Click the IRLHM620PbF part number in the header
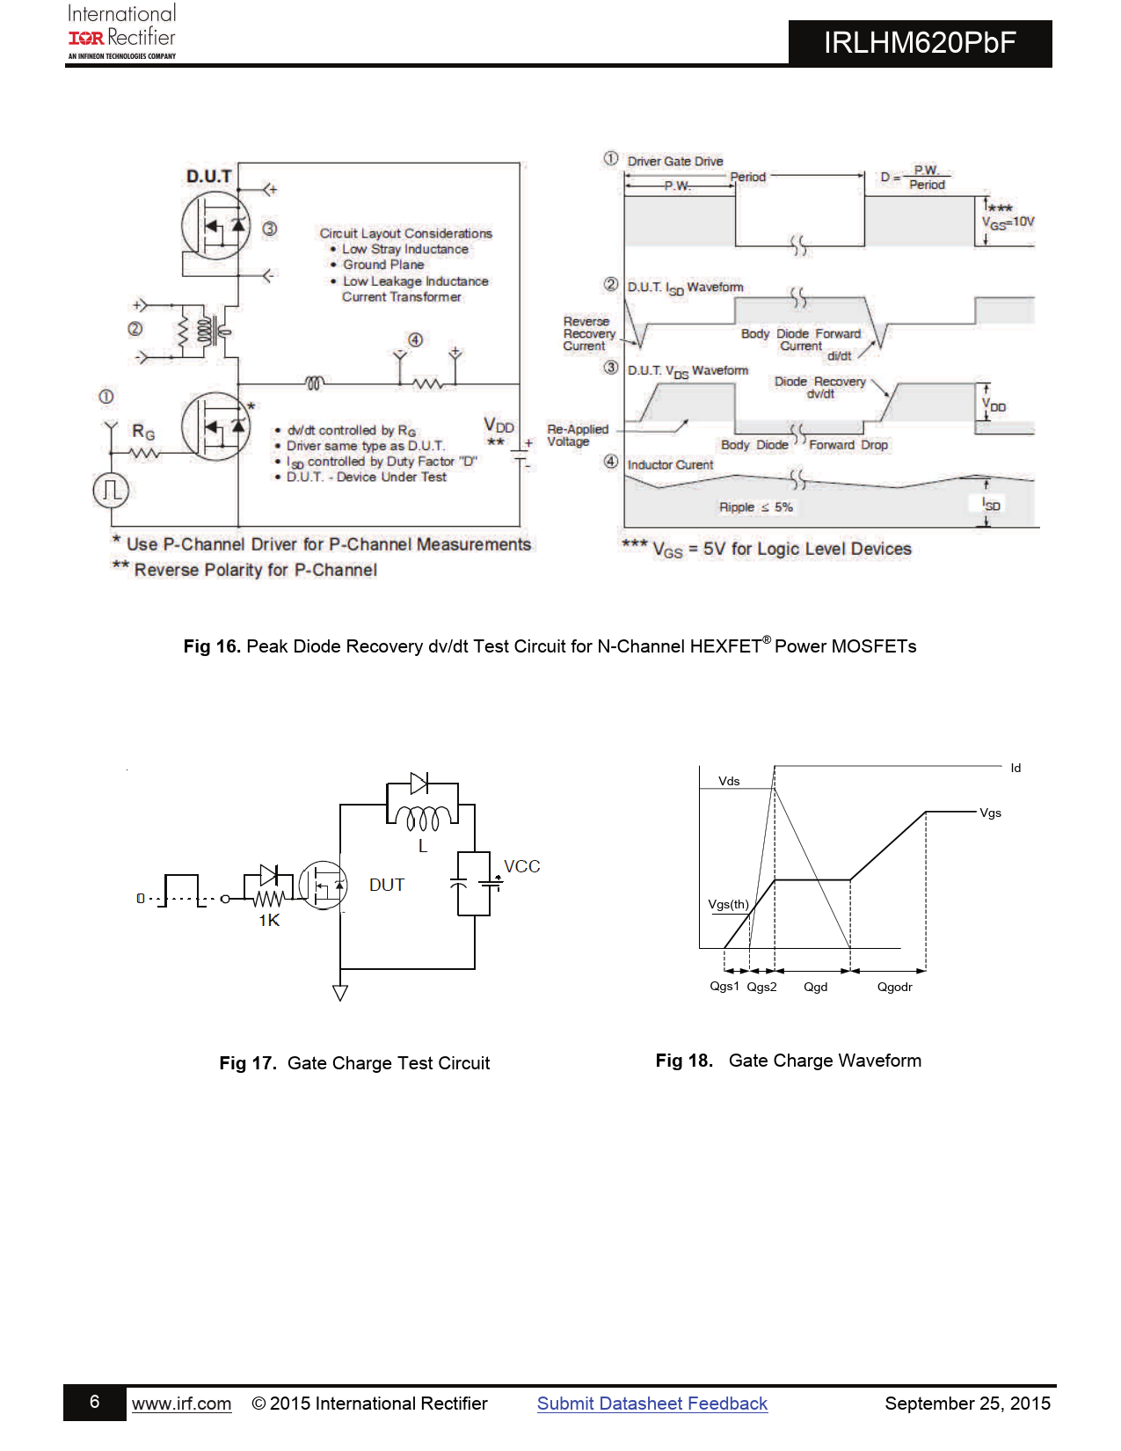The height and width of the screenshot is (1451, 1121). pos(920,43)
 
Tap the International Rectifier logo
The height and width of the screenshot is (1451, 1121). pos(122,32)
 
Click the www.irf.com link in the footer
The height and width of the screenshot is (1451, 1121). pos(182,1404)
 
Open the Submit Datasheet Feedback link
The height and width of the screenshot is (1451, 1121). pos(652,1404)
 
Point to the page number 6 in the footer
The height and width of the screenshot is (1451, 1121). pos(95,1402)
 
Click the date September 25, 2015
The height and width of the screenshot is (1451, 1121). pos(967,1404)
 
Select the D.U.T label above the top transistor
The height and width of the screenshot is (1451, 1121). pos(209,177)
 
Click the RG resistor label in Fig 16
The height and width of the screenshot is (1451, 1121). pos(143,432)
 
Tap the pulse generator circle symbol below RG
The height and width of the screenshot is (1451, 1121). pos(111,490)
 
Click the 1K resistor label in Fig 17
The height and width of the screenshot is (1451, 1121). pos(269,921)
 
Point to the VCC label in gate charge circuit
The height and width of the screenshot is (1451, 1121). pos(521,866)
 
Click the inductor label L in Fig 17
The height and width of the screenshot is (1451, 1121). pos(423,846)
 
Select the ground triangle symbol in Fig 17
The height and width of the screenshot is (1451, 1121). pos(340,993)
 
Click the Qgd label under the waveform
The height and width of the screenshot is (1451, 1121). pos(816,987)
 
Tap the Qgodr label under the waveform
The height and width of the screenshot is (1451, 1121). pos(895,987)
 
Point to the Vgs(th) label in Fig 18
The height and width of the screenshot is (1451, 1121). pos(729,904)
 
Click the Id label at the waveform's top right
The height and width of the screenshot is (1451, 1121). pos(1015,768)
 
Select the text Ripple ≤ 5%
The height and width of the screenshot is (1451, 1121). pos(756,507)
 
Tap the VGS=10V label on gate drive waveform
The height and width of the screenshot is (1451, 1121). pos(1008,222)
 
